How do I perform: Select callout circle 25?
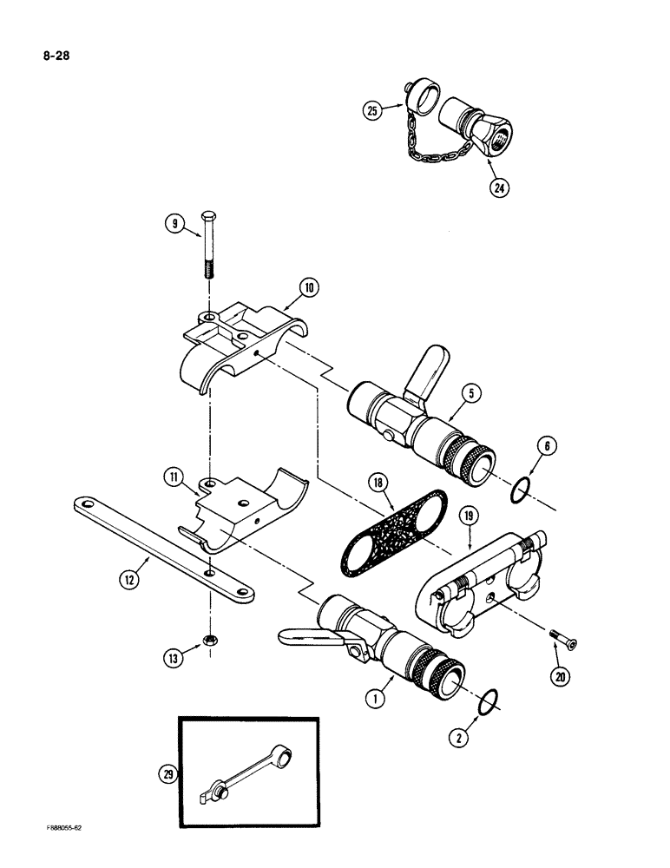click(374, 110)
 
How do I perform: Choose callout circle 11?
click(173, 477)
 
